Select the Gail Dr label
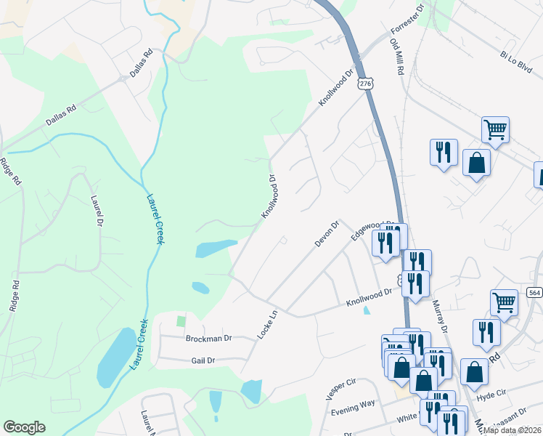203,360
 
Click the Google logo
24,427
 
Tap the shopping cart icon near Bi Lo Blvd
495,131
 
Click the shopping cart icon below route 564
504,302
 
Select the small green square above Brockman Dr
181,321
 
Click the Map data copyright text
512,430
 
